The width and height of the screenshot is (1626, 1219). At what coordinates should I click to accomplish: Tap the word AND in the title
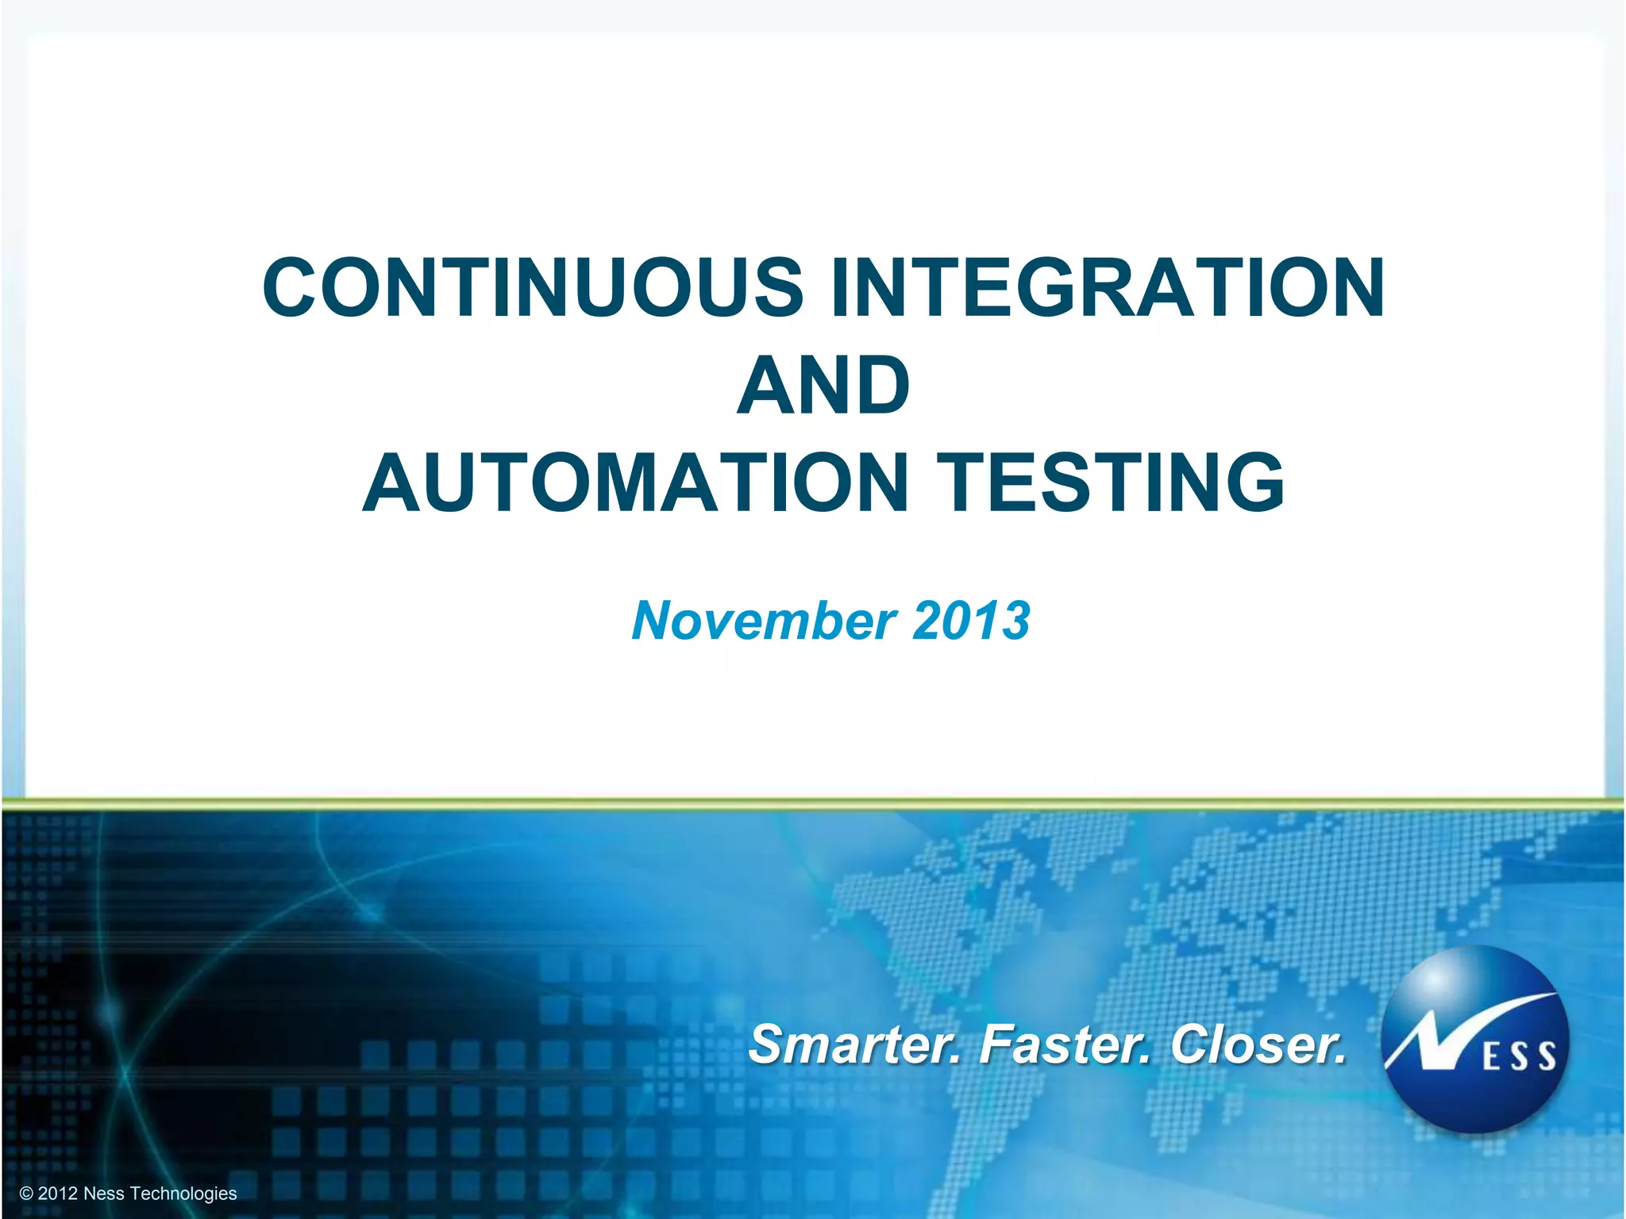tap(823, 386)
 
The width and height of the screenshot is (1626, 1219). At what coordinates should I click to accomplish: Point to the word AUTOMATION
tap(636, 483)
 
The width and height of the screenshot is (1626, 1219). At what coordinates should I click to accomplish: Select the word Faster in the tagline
tap(1064, 1044)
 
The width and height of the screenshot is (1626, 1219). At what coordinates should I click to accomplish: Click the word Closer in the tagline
tap(1258, 1044)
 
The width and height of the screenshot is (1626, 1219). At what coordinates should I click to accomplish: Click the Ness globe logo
tap(1474, 1040)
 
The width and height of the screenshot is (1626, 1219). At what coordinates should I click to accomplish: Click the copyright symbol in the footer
tap(26, 1194)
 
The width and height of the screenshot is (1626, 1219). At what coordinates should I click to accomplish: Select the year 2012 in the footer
tap(57, 1194)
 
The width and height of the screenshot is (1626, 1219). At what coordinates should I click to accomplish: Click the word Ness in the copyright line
tap(103, 1194)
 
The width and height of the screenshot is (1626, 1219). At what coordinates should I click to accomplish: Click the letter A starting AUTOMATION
tap(395, 483)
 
